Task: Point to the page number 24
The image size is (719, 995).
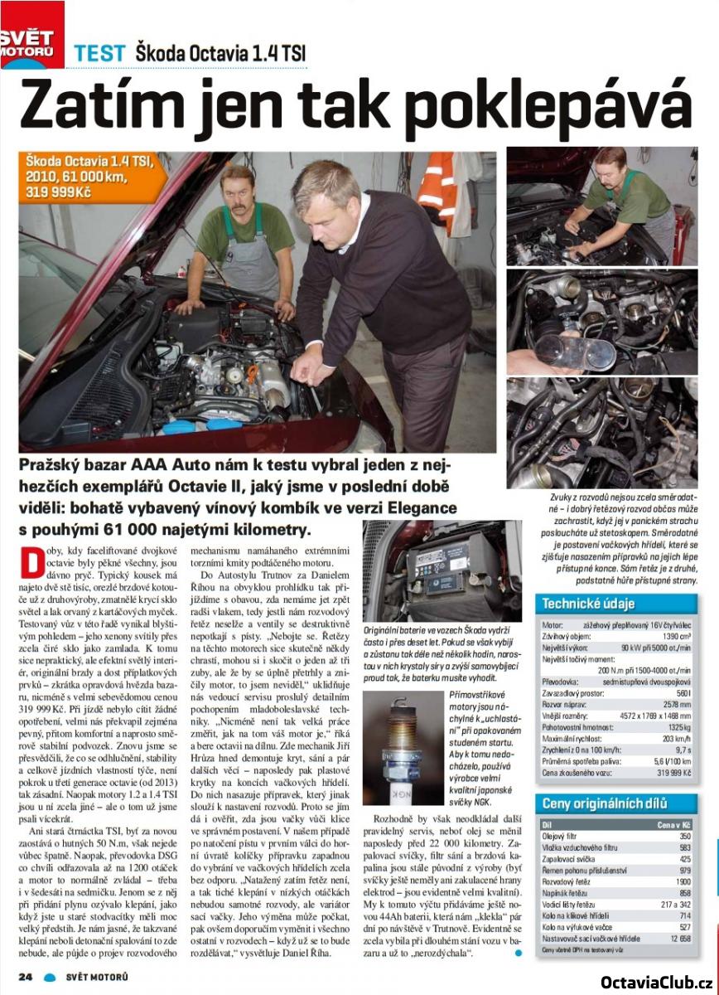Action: (x=26, y=976)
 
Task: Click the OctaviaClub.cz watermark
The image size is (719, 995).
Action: (x=655, y=982)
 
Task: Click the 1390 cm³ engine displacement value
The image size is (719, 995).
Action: (x=674, y=634)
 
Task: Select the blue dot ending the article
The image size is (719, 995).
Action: (x=519, y=953)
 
